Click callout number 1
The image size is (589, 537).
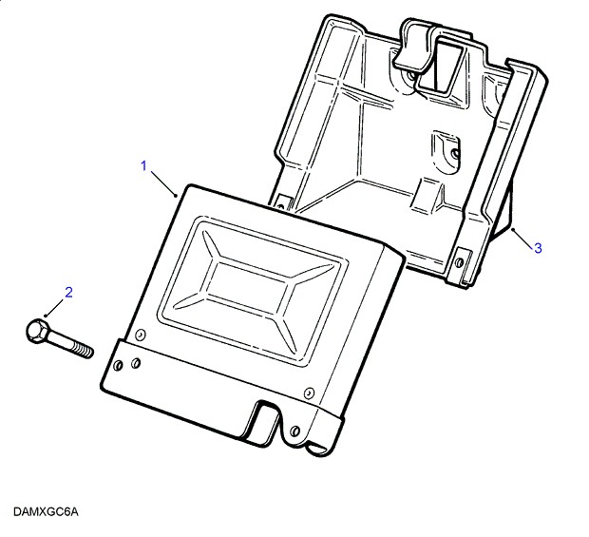pos(144,167)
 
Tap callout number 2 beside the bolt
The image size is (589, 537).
pos(67,291)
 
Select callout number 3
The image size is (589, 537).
pos(537,248)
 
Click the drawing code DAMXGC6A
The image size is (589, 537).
pos(46,512)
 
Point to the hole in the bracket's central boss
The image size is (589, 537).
pos(454,150)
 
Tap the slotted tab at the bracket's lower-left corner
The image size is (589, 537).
pos(282,201)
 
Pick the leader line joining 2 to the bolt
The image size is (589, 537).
pos(55,307)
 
